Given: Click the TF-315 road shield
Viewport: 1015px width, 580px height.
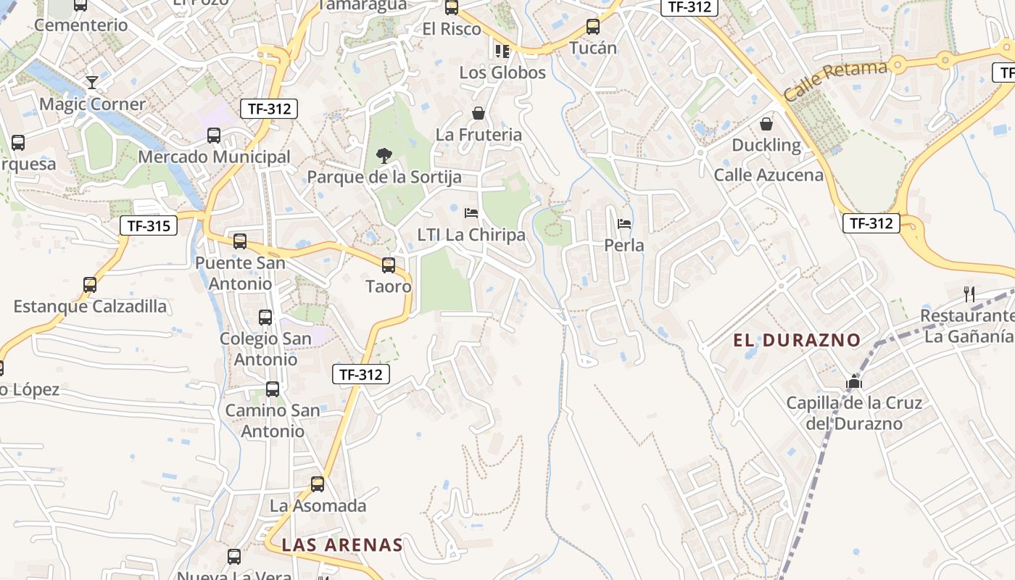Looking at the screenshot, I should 149,225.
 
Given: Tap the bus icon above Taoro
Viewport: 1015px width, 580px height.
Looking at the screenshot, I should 389,265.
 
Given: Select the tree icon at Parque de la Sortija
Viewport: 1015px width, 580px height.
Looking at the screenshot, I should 384,155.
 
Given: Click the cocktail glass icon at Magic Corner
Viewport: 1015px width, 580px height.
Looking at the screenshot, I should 92,82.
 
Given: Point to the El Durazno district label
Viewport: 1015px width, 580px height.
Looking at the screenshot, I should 797,339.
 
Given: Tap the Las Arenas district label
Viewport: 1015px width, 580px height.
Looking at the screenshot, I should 341,544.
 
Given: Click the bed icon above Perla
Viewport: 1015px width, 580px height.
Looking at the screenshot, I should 624,224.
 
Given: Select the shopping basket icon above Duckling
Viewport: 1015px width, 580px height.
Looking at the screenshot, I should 766,124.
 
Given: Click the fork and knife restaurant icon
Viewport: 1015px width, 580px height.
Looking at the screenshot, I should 969,294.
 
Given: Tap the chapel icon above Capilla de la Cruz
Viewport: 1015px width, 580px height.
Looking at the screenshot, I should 854,382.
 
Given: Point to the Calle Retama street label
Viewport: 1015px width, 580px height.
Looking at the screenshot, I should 835,80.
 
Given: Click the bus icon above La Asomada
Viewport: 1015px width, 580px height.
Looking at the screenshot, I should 318,484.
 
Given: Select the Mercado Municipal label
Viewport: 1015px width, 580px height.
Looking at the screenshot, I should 214,157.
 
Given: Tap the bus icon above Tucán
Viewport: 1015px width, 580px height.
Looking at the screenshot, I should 593,27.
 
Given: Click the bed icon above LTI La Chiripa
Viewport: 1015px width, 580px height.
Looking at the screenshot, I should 471,213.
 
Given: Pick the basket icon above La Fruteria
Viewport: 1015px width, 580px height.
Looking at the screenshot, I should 478,113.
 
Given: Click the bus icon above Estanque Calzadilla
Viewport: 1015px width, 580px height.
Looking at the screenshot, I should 90,284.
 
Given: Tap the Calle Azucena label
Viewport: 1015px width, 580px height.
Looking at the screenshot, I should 768,175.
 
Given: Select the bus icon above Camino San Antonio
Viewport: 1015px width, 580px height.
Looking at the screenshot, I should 273,389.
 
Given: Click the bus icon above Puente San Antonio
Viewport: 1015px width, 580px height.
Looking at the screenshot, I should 240,241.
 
